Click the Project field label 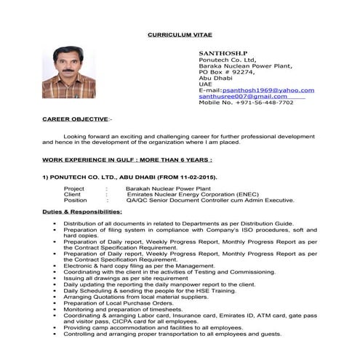74,188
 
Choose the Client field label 72,193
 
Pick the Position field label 76,199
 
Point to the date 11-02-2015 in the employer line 188,177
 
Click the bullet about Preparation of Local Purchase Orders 113,302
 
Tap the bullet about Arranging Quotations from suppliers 130,296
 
